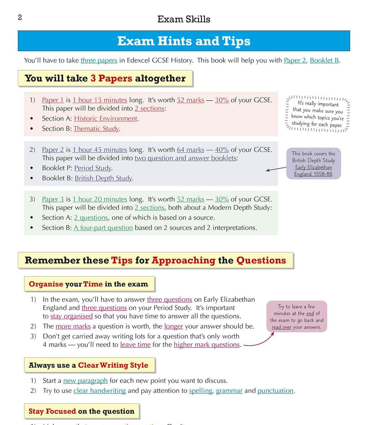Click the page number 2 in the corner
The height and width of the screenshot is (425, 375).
20,18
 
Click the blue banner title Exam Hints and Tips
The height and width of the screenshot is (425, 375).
184,41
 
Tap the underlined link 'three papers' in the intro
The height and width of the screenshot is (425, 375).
99,60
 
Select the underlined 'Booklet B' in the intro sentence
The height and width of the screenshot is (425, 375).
324,60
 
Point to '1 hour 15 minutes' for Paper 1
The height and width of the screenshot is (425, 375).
100,100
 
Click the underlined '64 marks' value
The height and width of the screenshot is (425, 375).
190,150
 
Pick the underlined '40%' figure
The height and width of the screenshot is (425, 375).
222,150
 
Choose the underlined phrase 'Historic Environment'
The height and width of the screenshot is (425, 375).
106,119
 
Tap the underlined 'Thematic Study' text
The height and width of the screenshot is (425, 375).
96,129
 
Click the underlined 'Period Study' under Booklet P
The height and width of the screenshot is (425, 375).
93,168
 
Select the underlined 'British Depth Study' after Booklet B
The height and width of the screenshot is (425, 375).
103,178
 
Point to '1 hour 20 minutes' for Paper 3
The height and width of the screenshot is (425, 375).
100,199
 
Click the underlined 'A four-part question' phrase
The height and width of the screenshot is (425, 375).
103,228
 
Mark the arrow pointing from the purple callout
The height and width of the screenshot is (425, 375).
276,169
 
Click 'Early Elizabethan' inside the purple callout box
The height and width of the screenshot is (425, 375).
313,167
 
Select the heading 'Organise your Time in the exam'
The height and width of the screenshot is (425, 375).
88,284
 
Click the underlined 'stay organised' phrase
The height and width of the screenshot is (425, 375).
72,316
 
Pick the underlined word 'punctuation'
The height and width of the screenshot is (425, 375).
275,391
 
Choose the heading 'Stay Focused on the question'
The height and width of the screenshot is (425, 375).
81,411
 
